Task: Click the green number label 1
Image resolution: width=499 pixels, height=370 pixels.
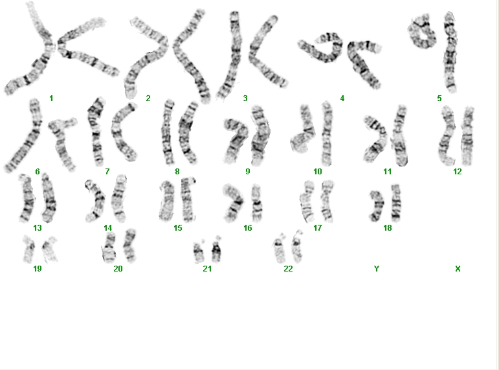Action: tap(51, 98)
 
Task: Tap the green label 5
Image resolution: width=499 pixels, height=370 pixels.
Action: tap(439, 98)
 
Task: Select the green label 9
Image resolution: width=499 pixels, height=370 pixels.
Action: tap(248, 172)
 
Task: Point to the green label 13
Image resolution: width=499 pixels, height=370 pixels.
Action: tap(38, 228)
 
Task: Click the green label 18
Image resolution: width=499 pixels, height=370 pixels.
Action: tap(387, 228)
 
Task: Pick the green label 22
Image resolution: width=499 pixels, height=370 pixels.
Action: tap(288, 269)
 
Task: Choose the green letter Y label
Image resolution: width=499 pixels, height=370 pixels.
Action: tap(377, 269)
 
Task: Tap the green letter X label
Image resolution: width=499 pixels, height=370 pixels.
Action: tap(458, 269)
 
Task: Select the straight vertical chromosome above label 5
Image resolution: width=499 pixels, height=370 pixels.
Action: tap(450, 52)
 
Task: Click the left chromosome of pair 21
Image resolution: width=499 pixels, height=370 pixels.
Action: tap(198, 252)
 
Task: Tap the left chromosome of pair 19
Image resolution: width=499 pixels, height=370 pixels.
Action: tap(29, 249)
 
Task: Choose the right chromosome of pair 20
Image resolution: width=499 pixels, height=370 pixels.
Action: tap(130, 246)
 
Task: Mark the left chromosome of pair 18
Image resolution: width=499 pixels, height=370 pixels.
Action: tap(377, 205)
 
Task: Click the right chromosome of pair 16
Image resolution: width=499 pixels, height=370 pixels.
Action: tap(257, 203)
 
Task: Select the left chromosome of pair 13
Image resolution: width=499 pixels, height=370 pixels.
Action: tap(27, 198)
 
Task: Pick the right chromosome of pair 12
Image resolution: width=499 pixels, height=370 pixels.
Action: tap(467, 136)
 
